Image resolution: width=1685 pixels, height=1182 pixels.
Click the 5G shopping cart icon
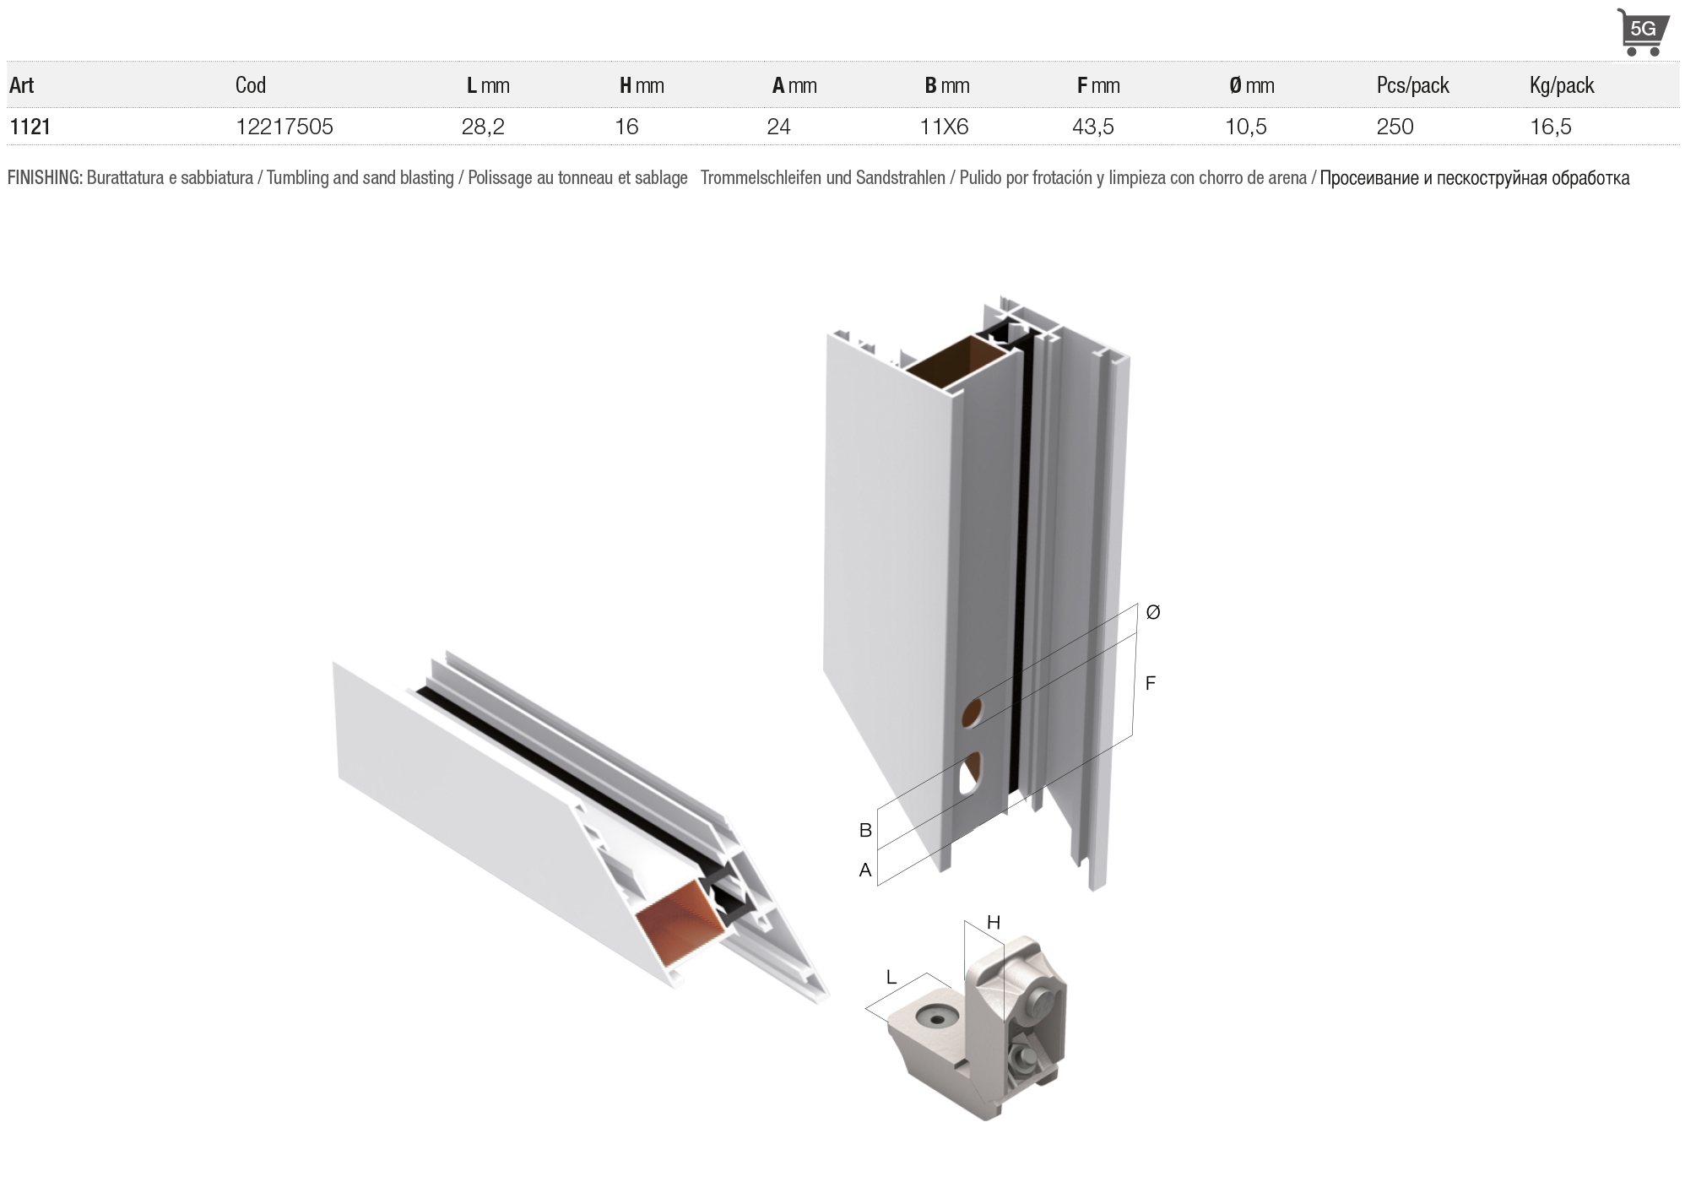coord(1642,33)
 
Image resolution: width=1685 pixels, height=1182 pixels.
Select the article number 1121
coord(30,127)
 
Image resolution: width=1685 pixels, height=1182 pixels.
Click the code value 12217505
coord(284,127)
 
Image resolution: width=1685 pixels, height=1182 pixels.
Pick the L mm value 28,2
coord(483,127)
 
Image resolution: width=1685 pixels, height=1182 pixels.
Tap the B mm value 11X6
coord(944,127)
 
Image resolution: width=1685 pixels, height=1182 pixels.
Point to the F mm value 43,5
coord(1093,127)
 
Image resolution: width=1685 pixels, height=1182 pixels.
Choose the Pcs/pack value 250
coord(1395,127)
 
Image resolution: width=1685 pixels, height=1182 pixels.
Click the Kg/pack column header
coord(1562,85)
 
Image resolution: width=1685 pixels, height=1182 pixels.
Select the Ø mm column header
coord(1252,85)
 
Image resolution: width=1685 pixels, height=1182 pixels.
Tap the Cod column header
coord(251,85)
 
